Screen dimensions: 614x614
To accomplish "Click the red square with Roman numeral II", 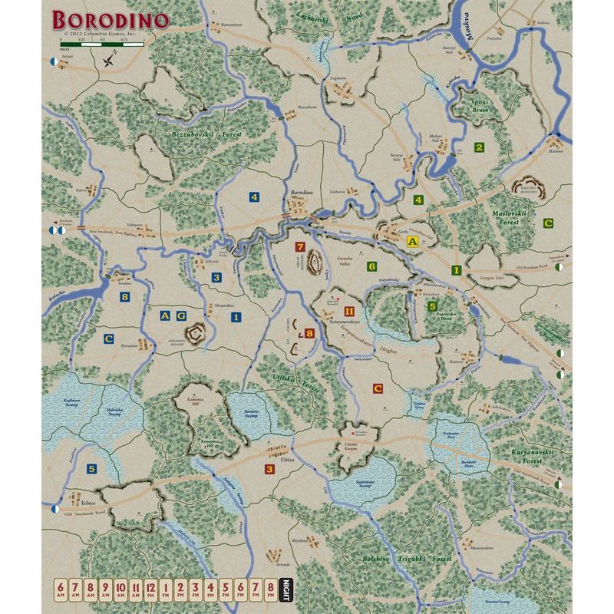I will pyautogui.click(x=349, y=312).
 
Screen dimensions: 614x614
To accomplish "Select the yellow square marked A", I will pyautogui.click(x=411, y=241).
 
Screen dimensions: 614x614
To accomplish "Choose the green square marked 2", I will pyautogui.click(x=479, y=147).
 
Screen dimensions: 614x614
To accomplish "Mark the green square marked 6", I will pyautogui.click(x=371, y=266).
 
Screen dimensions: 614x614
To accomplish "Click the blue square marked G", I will pyautogui.click(x=181, y=315).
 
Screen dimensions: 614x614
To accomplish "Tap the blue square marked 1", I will pyautogui.click(x=236, y=316).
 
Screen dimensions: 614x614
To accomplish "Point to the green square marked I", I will pyautogui.click(x=456, y=270).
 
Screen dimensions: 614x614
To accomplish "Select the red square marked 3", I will pyautogui.click(x=269, y=469).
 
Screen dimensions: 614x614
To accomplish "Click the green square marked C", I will pyautogui.click(x=547, y=223).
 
